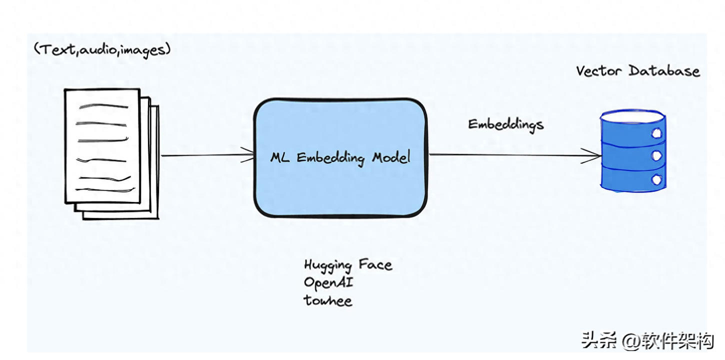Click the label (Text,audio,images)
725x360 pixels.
(102, 49)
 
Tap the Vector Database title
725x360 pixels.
(637, 71)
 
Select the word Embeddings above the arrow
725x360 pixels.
(505, 124)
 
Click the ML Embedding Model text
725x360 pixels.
(340, 157)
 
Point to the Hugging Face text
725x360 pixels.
(348, 265)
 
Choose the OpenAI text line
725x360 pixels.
(328, 282)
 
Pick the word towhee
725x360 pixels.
(328, 300)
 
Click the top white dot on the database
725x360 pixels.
(656, 133)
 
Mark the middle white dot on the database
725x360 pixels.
(656, 156)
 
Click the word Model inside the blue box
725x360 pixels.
(391, 157)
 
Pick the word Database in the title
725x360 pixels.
(664, 71)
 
